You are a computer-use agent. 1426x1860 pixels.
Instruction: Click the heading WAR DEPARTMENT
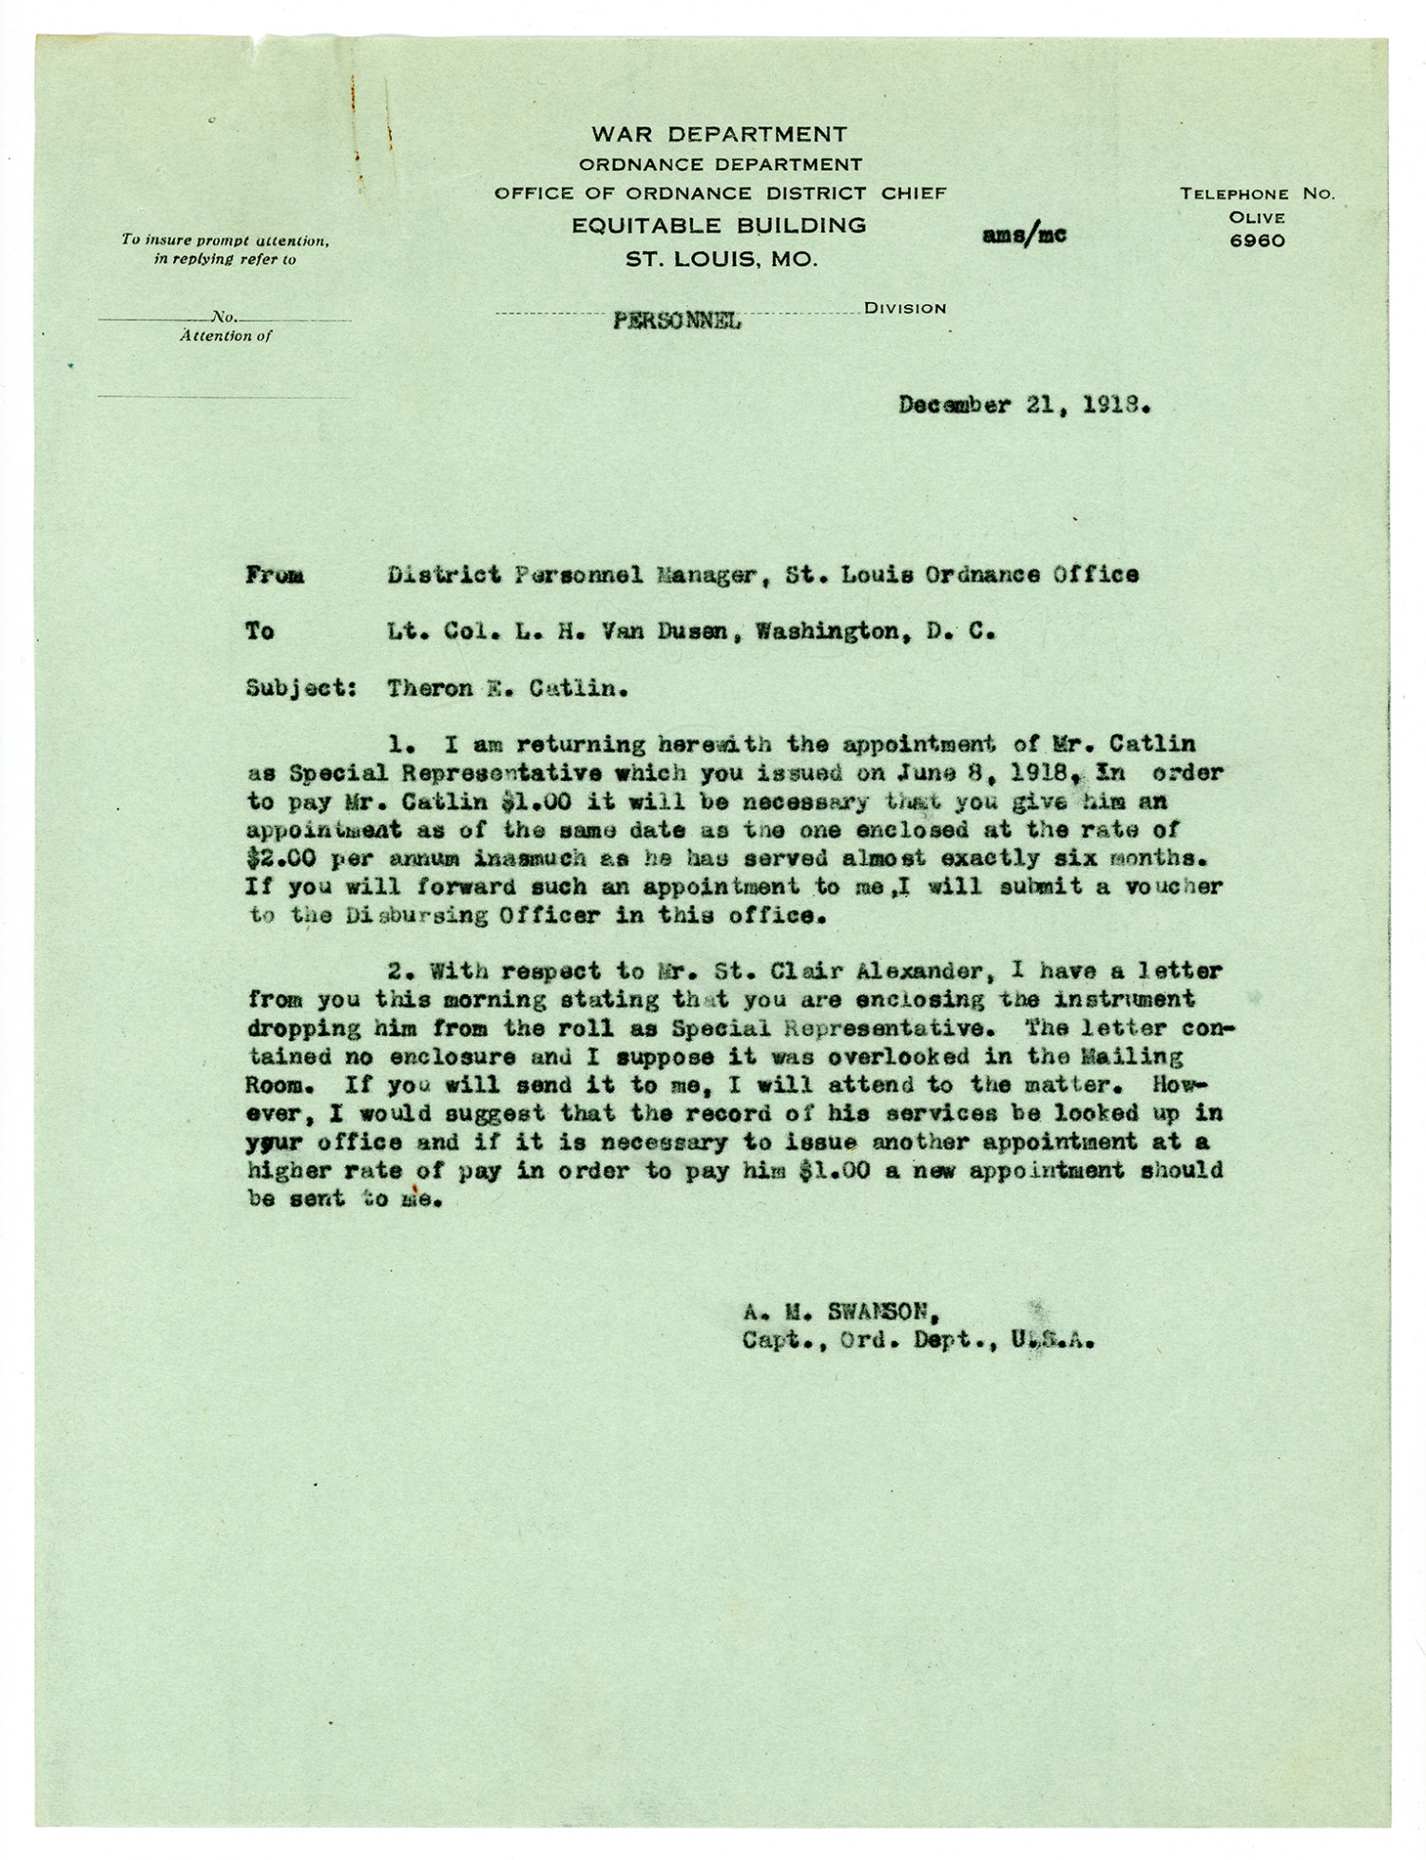719,134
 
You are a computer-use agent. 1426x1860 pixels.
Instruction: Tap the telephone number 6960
1257,241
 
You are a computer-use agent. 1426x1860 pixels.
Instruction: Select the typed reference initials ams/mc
1024,235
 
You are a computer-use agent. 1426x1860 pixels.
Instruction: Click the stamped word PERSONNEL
677,320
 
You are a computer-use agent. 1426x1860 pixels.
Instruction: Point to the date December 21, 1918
1025,406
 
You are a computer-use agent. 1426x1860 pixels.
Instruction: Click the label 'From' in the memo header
275,575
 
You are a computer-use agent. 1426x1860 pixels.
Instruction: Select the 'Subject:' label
300,688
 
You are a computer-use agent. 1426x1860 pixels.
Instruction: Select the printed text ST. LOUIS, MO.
721,259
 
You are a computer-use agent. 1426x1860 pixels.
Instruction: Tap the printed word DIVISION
905,308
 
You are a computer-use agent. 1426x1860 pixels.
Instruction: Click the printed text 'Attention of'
225,336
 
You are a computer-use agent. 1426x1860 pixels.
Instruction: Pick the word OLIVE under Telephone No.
1257,218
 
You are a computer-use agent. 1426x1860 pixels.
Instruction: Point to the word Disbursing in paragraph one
409,916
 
